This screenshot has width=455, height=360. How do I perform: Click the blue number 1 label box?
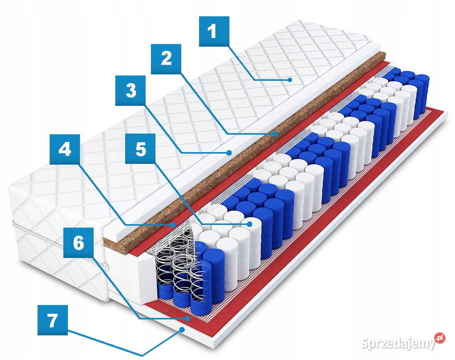214,31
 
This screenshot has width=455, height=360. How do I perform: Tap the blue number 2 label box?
166,59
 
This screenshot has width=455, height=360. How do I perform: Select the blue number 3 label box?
130,90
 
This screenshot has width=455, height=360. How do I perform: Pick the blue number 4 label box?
64,149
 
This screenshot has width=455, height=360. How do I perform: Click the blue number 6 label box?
78,243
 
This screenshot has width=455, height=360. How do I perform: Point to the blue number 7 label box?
53,320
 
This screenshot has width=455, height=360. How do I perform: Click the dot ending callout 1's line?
289,80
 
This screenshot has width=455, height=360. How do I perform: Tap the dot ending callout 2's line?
275,134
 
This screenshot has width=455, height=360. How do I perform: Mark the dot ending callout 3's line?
229,152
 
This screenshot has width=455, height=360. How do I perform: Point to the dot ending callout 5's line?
249,224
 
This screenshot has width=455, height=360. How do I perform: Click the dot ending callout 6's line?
188,318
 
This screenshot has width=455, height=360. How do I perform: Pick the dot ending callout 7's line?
182,329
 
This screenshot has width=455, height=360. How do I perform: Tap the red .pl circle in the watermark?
439,338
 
